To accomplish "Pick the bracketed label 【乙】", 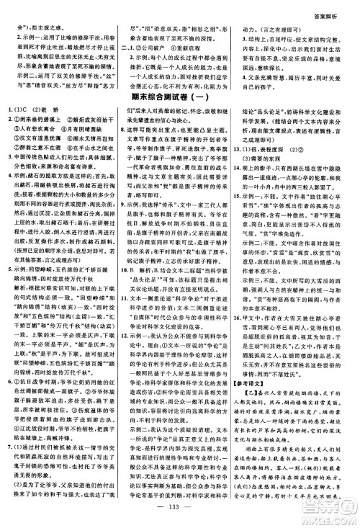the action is click(x=253, y=417).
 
